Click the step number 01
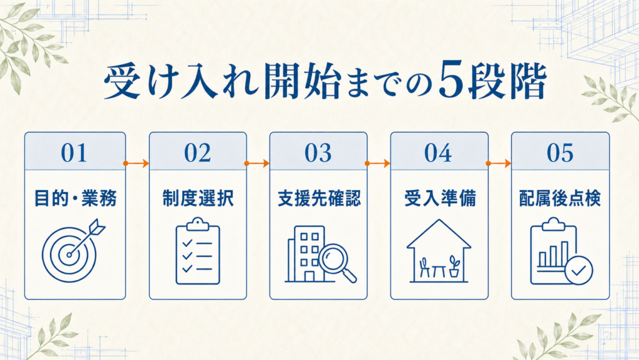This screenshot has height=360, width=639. click(74, 153)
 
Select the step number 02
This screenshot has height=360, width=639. click(198, 153)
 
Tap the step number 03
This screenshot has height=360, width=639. click(318, 153)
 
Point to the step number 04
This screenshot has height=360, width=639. click(439, 153)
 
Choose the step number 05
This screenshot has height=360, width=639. click(560, 153)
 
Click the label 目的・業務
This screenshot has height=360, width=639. click(75, 198)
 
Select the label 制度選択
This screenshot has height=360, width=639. click(198, 198)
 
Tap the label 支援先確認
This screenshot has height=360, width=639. click(319, 198)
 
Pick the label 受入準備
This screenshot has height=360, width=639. click(440, 198)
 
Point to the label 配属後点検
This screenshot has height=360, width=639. click(560, 198)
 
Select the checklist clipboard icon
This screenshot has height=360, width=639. click(198, 251)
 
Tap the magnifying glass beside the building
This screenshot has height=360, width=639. click(337, 261)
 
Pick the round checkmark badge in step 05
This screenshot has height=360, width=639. click(578, 270)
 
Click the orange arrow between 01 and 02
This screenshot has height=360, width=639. click(137, 163)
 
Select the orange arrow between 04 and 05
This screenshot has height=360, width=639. click(499, 163)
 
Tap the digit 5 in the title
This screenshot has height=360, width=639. click(451, 80)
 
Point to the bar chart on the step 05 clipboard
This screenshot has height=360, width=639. click(554, 255)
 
